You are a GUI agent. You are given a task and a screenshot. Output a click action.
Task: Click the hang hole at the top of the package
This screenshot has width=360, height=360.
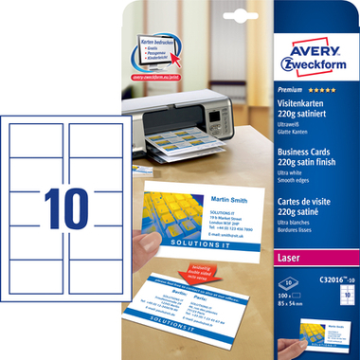point(180,12)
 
